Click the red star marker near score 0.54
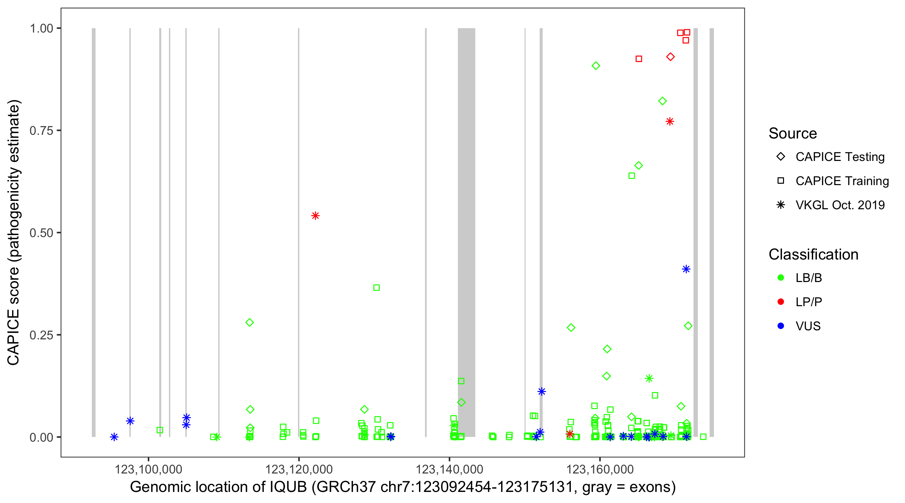point(315,216)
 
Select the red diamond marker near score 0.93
point(670,57)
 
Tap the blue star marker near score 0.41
point(686,269)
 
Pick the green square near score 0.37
point(376,287)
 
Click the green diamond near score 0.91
point(596,66)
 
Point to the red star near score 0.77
point(670,122)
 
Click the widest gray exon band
point(466,232)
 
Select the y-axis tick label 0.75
point(41,131)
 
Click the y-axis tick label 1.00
point(41,29)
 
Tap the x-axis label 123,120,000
point(299,469)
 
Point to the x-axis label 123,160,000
point(600,469)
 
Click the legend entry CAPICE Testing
point(840,157)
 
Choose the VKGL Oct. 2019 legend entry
point(840,205)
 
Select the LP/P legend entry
point(808,302)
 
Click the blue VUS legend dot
point(781,326)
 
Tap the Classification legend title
point(813,255)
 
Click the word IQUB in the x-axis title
point(288,487)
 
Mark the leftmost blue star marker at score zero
point(114,437)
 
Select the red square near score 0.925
point(639,59)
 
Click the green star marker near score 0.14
point(649,379)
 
